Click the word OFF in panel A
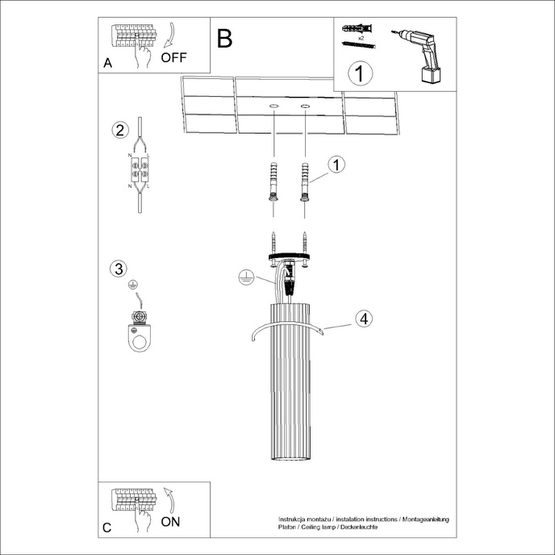[x=173, y=57]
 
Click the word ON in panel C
[x=170, y=521]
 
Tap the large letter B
[x=224, y=38]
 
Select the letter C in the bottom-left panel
[x=108, y=528]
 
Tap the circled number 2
[x=119, y=131]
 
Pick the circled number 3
[x=119, y=269]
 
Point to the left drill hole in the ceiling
[x=273, y=106]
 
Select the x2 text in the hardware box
[x=360, y=38]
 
